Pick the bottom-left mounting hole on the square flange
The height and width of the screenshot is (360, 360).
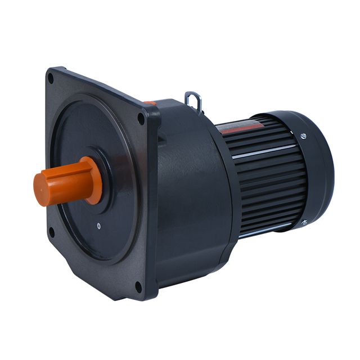51,231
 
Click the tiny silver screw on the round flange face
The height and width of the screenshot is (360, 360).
98,227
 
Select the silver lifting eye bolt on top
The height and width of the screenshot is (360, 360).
193,101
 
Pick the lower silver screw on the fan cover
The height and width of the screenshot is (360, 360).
304,223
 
